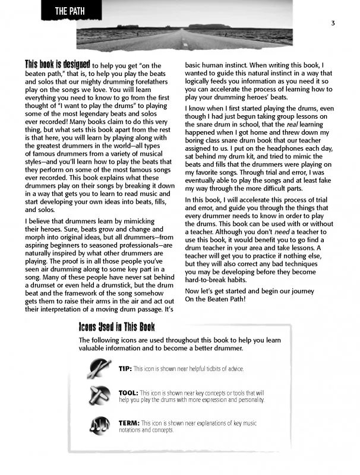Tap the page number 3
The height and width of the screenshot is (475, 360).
[x=334, y=23]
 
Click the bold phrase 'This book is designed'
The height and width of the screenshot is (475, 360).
[x=57, y=64]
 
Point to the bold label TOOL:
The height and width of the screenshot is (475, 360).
[x=128, y=393]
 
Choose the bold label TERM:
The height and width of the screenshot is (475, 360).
[x=129, y=422]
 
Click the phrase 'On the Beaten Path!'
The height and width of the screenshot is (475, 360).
[x=220, y=299]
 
